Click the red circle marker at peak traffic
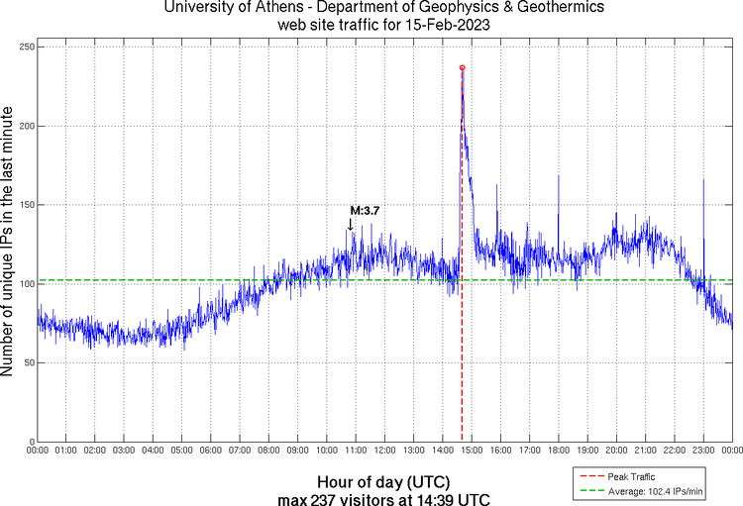(462, 67)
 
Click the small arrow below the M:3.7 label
(350, 225)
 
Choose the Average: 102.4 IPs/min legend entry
(654, 491)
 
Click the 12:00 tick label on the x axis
(384, 451)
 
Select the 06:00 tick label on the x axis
(211, 451)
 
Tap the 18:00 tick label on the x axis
(558, 451)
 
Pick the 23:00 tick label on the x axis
(702, 451)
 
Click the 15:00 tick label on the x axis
(472, 451)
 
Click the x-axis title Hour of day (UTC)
(384, 481)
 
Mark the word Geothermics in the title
(542, 8)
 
